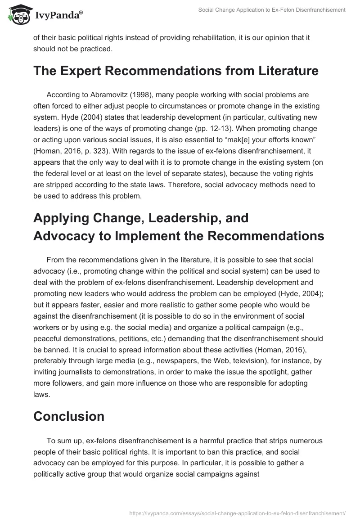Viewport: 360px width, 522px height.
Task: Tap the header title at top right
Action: (x=271, y=9)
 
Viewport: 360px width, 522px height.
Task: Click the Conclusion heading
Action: (x=69, y=416)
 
